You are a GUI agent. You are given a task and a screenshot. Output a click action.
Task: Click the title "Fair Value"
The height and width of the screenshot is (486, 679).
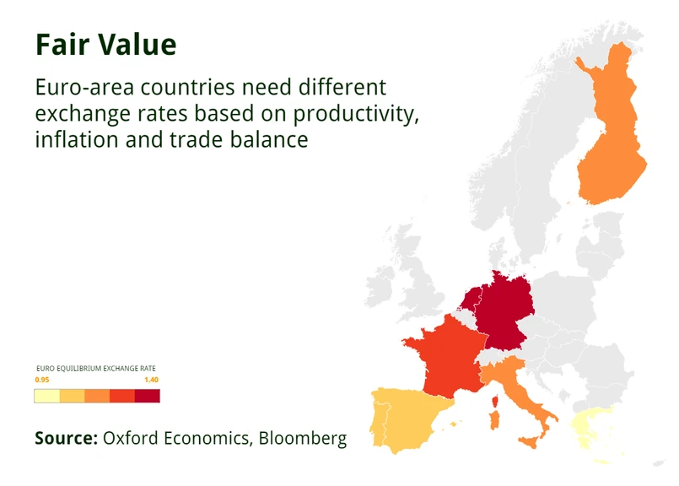[x=106, y=44]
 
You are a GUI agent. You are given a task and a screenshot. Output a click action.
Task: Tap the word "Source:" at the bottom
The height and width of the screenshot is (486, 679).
[x=67, y=438]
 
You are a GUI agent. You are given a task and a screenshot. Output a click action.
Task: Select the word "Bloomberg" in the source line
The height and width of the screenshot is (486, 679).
[x=303, y=439]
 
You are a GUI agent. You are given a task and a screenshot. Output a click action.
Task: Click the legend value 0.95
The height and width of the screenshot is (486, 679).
[x=42, y=380]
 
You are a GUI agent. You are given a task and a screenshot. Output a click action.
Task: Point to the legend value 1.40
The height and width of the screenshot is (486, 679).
[x=152, y=380]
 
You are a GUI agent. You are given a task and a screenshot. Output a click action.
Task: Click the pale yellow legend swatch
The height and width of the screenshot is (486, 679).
[x=47, y=396]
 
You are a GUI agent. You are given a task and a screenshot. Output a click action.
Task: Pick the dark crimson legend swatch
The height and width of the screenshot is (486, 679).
[x=148, y=396]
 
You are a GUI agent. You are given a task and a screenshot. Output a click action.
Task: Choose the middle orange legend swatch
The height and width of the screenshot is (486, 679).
[x=97, y=396]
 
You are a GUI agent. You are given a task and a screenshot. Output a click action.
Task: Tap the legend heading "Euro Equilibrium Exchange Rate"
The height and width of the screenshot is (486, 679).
[x=96, y=369]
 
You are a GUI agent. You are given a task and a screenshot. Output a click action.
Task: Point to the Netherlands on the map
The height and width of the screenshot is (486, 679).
[x=470, y=298]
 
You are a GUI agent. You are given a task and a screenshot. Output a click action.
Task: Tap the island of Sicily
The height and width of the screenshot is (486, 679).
[x=531, y=442]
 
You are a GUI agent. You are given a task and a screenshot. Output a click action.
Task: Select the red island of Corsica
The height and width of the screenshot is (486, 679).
[x=495, y=402]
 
